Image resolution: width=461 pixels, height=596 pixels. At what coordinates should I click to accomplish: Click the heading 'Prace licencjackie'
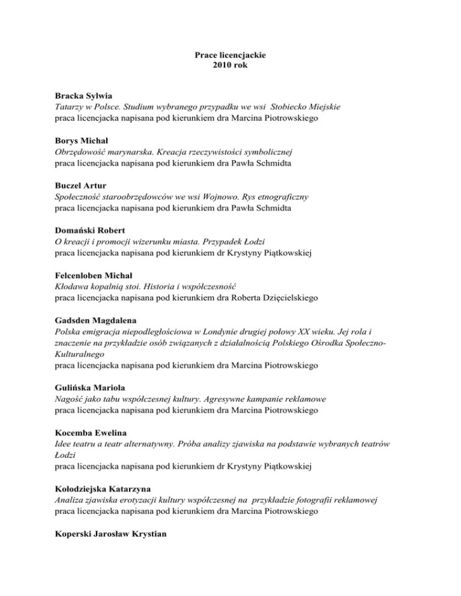coord(230,55)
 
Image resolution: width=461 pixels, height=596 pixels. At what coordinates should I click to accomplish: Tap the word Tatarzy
coord(70,107)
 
